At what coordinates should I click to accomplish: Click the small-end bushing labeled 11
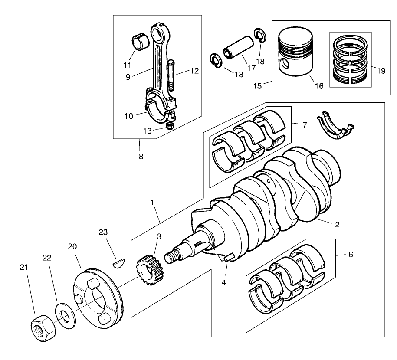(x=140, y=43)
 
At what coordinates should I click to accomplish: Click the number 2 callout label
(x=337, y=225)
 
